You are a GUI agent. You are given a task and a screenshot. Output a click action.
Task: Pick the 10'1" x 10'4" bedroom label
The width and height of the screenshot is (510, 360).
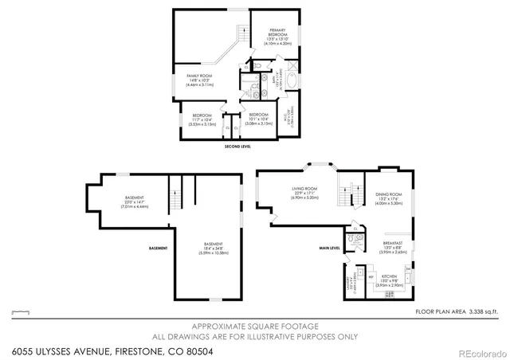coord(258,119)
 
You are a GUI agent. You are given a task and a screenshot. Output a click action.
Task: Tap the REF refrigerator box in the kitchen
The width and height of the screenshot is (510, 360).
coord(371,276)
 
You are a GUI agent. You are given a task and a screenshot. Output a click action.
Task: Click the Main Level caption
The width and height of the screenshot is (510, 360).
coord(330,248)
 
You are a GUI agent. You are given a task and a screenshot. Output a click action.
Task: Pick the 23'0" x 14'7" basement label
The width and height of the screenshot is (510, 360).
coord(135,202)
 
